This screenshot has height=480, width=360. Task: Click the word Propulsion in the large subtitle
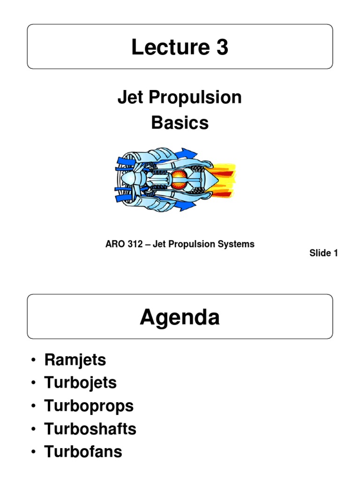click(193, 97)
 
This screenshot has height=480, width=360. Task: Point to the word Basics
click(180, 123)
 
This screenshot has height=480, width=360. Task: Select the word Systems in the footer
click(238, 244)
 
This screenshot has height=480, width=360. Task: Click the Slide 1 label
click(323, 253)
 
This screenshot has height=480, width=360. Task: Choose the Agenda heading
click(180, 318)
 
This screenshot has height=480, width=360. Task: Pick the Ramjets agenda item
click(75, 360)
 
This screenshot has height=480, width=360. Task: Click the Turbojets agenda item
click(80, 383)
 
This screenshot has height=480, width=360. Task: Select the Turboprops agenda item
click(89, 406)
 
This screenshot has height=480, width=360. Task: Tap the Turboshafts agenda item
click(90, 428)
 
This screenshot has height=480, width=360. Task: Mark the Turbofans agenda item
click(83, 452)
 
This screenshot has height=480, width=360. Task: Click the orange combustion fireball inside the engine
click(179, 180)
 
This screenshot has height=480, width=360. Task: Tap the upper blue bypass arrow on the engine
click(187, 154)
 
